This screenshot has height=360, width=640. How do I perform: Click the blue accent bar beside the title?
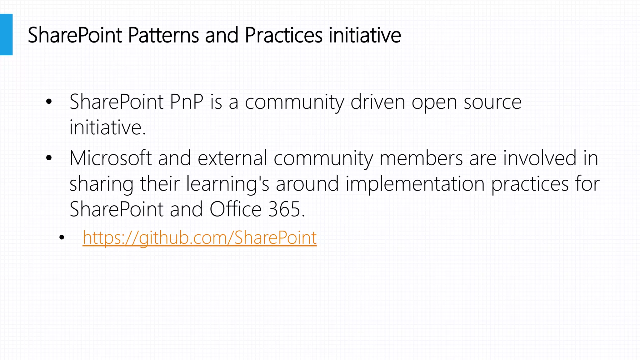(6, 34)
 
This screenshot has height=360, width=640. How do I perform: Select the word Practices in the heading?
(283, 35)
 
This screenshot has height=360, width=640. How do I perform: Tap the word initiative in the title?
(365, 35)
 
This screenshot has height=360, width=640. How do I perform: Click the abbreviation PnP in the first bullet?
(187, 102)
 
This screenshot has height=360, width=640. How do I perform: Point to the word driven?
(377, 102)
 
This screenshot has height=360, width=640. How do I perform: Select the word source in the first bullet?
(492, 102)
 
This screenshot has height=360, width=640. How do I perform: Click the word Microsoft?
(110, 158)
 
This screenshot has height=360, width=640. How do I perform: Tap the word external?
(232, 158)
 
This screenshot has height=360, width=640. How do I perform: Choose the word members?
(421, 158)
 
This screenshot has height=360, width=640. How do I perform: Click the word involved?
(540, 158)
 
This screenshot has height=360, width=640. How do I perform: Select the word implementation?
(415, 184)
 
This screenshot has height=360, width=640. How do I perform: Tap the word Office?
(235, 209)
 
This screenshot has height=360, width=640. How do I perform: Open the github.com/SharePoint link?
(199, 238)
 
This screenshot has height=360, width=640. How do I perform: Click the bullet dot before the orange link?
(62, 238)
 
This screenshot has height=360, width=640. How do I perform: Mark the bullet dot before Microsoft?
(48, 158)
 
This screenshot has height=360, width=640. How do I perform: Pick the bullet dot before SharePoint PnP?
(48, 102)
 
